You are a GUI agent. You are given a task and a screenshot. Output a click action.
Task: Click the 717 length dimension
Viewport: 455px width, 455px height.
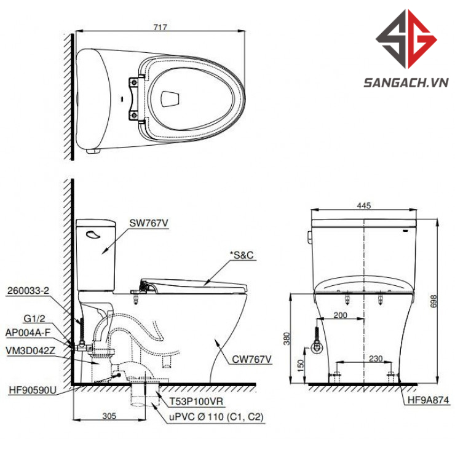coord(160,27)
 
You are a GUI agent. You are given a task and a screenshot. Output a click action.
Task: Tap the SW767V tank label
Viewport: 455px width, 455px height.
coord(149,223)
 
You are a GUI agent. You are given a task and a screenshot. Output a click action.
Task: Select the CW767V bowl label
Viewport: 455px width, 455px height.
coord(251,360)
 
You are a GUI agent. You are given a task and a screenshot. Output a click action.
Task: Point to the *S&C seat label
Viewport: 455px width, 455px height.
coord(242,255)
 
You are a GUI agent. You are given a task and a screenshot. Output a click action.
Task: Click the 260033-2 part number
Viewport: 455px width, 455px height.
coord(28,290)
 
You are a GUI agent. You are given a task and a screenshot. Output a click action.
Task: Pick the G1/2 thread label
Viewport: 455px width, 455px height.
coord(34,318)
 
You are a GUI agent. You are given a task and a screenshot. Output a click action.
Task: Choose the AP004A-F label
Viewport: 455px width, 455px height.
coord(28,333)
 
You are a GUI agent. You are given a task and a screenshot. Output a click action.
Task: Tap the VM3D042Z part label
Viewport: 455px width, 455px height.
coord(30,350)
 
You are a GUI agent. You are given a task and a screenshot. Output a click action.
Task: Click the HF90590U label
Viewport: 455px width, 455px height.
coord(33,390)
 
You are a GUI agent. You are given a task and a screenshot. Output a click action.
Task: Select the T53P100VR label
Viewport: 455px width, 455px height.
coord(196,402)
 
